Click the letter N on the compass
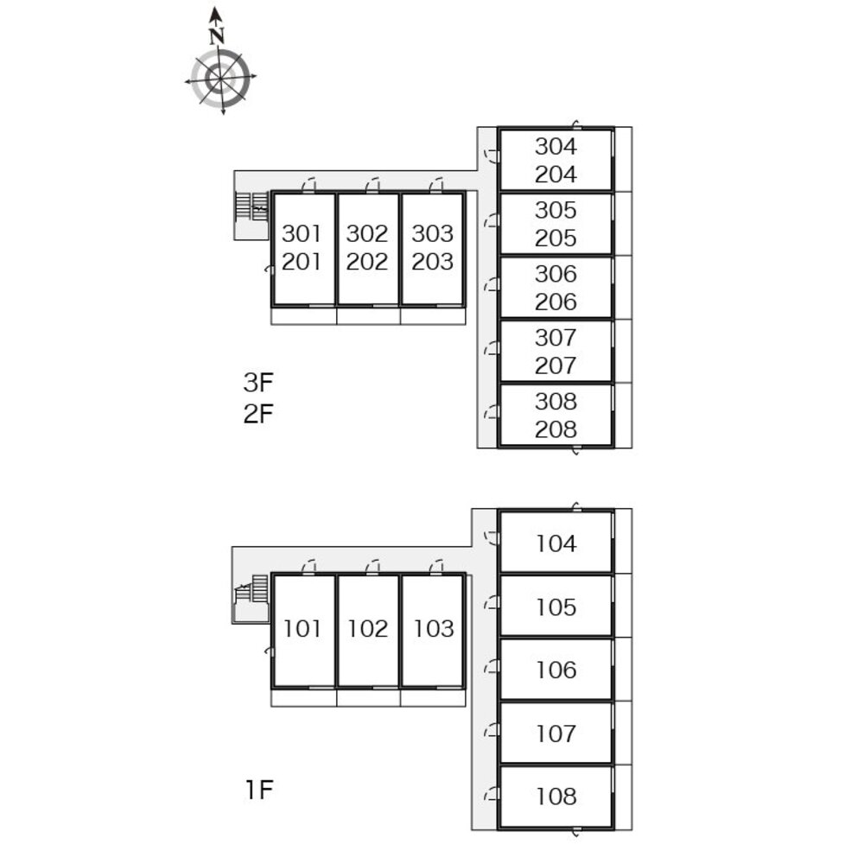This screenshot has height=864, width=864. [217, 35]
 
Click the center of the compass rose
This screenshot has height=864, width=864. [221, 79]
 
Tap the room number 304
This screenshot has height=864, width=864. [556, 146]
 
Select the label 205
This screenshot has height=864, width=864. [556, 238]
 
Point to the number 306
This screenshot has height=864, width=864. [556, 274]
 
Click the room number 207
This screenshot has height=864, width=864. [556, 365]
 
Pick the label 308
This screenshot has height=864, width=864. [556, 401]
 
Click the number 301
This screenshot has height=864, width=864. [302, 233]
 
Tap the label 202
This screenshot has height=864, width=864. [367, 262]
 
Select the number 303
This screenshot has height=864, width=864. [432, 233]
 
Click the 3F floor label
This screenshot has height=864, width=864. [257, 381]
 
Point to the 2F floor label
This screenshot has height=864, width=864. [257, 413]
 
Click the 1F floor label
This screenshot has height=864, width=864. [258, 789]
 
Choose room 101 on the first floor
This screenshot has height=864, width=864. [302, 629]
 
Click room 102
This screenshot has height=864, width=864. [368, 629]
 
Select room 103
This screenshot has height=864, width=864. [433, 629]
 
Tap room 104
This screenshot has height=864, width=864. [556, 543]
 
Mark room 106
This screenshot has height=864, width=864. [556, 670]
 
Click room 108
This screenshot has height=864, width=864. [556, 797]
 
